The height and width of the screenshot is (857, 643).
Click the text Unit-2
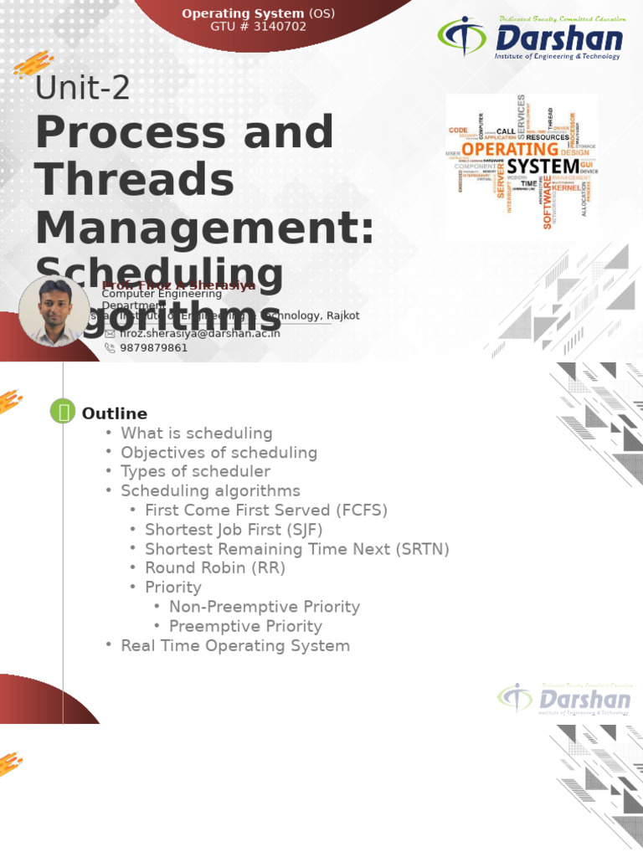point(82,87)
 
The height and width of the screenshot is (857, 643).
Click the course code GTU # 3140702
point(258,27)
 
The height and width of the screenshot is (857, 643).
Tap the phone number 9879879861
point(154,347)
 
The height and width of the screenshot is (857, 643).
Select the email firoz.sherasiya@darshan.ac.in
point(200,333)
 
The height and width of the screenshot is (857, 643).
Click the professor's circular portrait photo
point(54,310)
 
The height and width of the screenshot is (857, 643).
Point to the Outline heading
point(114,413)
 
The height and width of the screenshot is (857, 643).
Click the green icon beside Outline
point(63,411)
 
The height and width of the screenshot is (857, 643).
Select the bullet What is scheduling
point(197,434)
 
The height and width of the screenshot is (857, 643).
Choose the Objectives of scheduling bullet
point(219,453)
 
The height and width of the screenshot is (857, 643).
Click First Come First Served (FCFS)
point(266,511)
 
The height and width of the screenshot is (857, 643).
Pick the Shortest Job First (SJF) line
point(234,530)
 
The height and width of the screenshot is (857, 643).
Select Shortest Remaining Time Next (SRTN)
point(297,549)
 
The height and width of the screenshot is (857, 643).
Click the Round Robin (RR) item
point(215,568)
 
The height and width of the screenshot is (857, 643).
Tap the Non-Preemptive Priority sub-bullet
point(265,607)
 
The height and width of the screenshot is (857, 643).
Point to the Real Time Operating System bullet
point(235,645)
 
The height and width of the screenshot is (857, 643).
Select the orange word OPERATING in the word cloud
point(510,149)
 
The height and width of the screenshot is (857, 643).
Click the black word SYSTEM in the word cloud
point(543,167)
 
